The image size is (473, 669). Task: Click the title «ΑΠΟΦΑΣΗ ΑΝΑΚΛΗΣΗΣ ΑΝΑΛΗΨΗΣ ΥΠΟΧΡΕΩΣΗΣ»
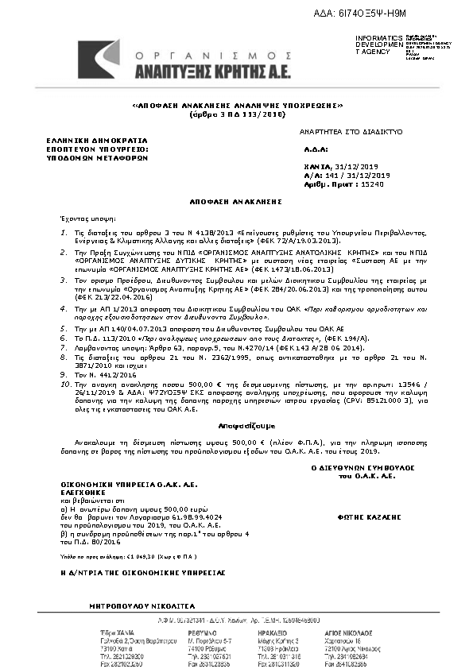coord(237,106)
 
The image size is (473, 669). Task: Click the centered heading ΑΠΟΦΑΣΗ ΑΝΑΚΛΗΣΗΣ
coord(236,202)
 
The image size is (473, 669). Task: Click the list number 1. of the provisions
coord(68,232)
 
